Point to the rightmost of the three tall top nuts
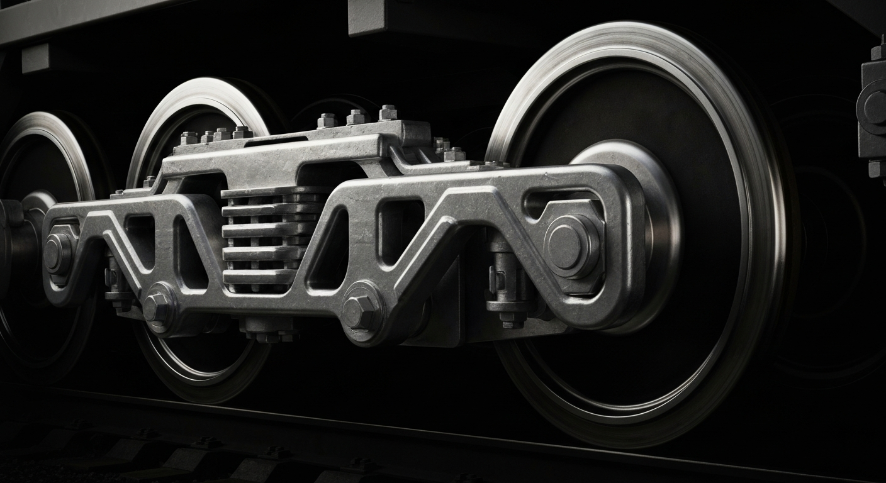pos(388,113)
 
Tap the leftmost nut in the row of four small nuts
pos(188,138)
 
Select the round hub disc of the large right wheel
pos(629,189)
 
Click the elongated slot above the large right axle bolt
pos(554,201)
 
